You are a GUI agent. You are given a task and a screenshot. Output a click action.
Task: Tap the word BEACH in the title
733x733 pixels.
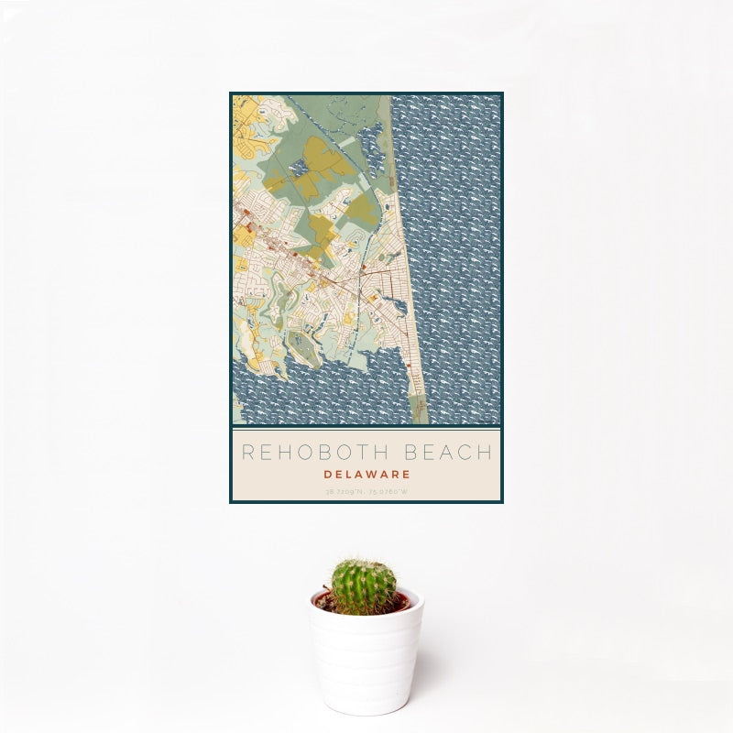(x=449, y=453)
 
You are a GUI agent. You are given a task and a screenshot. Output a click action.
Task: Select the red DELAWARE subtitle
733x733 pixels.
(x=366, y=475)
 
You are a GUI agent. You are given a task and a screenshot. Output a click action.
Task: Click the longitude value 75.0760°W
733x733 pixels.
(x=389, y=492)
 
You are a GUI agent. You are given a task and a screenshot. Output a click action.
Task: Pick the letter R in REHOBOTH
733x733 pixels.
(x=246, y=453)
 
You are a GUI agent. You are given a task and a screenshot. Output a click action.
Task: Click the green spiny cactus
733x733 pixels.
(x=363, y=586)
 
